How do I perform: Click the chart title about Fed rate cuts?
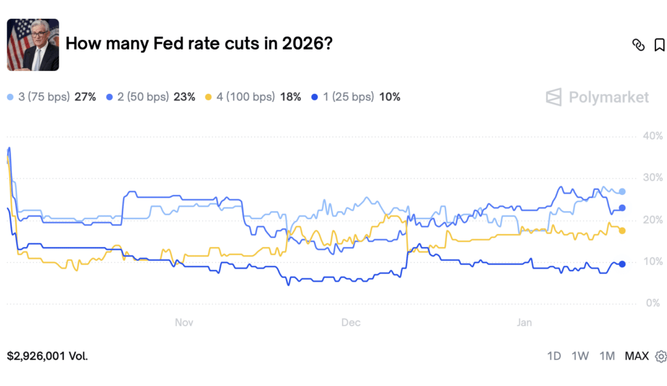[199, 44]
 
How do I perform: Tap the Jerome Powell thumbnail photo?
[33, 45]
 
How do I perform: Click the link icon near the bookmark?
[638, 45]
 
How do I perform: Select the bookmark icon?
[659, 45]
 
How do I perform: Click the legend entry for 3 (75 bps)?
[51, 97]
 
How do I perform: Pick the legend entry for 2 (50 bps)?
[150, 97]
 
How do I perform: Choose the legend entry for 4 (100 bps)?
[253, 97]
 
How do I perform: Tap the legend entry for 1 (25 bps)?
[356, 97]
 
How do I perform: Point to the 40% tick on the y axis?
[653, 136]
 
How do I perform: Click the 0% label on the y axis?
[653, 303]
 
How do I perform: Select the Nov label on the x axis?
[184, 323]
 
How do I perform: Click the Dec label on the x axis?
[351, 323]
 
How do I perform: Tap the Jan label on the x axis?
[524, 323]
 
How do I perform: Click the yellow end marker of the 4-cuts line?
[622, 231]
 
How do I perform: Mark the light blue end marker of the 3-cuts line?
[622, 192]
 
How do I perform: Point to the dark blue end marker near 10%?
[622, 264]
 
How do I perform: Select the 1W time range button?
[580, 356]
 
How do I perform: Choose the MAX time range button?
[637, 356]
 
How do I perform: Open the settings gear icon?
[661, 357]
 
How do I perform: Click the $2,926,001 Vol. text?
[47, 356]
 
